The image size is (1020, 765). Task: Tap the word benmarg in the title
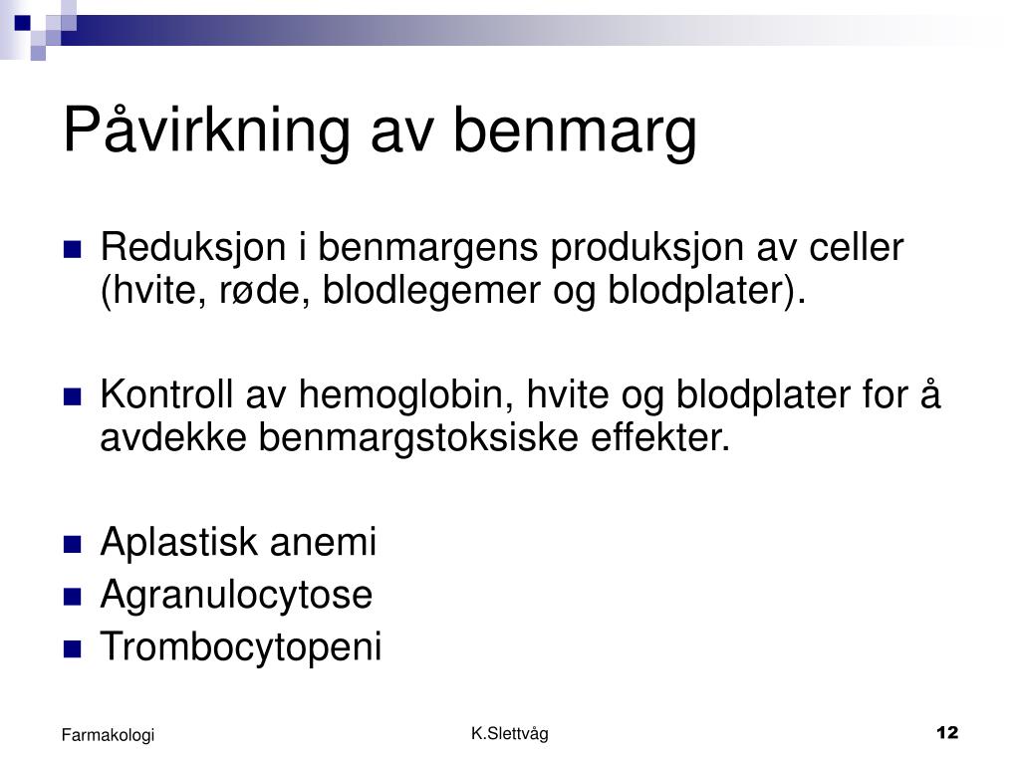coord(575,131)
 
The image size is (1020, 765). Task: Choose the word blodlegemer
coord(431,292)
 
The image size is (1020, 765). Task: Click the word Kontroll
coord(166,394)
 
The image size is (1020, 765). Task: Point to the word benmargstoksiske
coord(418,438)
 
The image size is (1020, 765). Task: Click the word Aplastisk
coord(179,543)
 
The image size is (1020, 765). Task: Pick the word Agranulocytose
coord(236,596)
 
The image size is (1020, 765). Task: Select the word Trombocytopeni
coord(241,647)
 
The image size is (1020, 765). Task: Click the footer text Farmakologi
coord(108,735)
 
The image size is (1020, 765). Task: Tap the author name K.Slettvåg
coord(510,734)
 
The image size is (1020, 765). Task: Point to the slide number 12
coord(947,732)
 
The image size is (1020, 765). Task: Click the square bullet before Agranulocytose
coord(72,597)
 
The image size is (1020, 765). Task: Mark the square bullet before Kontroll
coord(72,396)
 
